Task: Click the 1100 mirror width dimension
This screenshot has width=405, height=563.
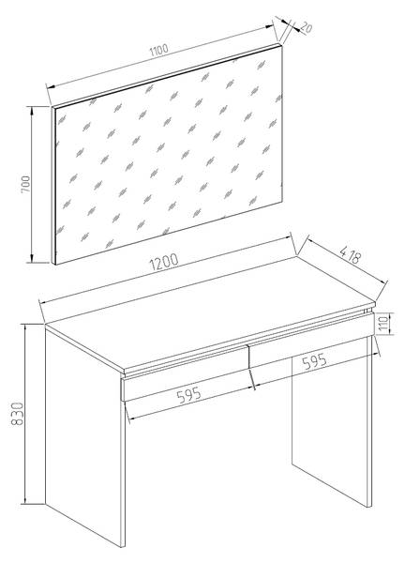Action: (159, 50)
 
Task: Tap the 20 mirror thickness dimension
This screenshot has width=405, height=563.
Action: (306, 27)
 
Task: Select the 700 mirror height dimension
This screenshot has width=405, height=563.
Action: (26, 185)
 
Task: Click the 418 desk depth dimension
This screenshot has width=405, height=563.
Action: (350, 254)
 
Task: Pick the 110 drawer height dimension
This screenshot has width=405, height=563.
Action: (383, 324)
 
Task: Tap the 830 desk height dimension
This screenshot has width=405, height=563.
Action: (17, 414)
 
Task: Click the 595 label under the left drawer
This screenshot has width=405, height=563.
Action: (189, 395)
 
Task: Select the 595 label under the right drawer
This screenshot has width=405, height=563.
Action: (315, 362)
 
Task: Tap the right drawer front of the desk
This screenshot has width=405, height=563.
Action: (311, 340)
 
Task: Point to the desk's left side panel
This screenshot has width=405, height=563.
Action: (85, 436)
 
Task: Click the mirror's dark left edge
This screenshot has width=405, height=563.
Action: (53, 186)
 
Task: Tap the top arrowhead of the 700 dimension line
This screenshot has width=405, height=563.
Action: (32, 111)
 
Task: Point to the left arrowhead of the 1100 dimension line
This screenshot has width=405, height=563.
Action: (51, 86)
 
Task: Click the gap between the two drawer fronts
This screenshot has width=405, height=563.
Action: (248, 357)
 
